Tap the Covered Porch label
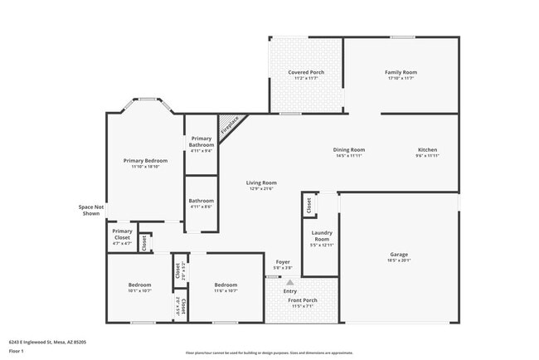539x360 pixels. tap(306, 72)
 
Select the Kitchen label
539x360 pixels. tap(427, 150)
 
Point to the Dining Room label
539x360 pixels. tap(349, 150)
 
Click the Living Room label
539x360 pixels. tap(261, 182)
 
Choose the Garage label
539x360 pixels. tap(400, 254)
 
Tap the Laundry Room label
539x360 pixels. tap(323, 236)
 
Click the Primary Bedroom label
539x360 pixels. tap(145, 160)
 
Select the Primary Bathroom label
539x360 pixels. tap(202, 142)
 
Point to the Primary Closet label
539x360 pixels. tap(122, 234)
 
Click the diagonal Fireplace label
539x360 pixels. tap(230, 125)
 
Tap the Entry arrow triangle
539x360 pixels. tap(290, 282)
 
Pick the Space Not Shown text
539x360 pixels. tap(90, 210)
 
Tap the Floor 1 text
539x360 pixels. tap(16, 351)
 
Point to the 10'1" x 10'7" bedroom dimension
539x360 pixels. tap(139, 290)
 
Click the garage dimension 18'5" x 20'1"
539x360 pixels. tap(400, 260)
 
